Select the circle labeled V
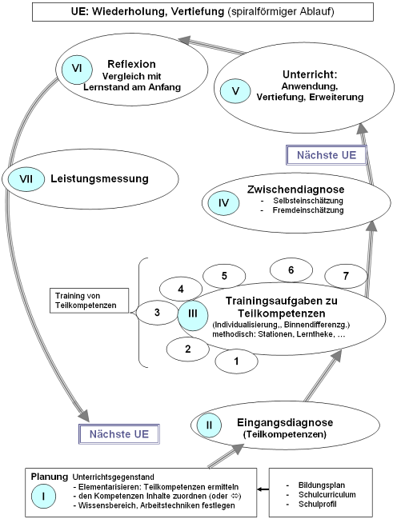pyautogui.click(x=235, y=90)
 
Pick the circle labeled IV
pyautogui.click(x=224, y=203)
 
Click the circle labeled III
pyautogui.click(x=193, y=314)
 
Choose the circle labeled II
pyautogui.click(x=208, y=425)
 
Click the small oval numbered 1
pyautogui.click(x=236, y=361)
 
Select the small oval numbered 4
pyautogui.click(x=182, y=289)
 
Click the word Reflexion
pyautogui.click(x=130, y=64)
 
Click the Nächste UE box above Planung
pyautogui.click(x=118, y=433)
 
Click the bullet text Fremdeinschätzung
pyautogui.click(x=311, y=210)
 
